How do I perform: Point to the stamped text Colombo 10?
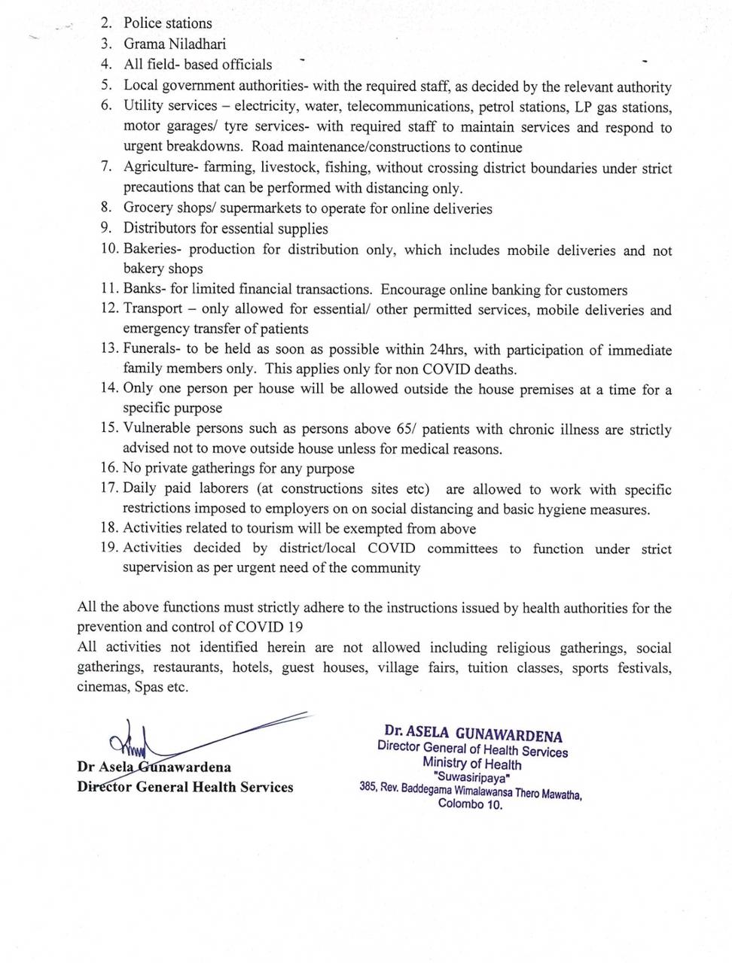471,804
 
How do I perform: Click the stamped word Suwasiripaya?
472,778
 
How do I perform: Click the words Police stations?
168,23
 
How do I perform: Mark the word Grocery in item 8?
147,208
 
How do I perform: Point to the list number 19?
108,547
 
